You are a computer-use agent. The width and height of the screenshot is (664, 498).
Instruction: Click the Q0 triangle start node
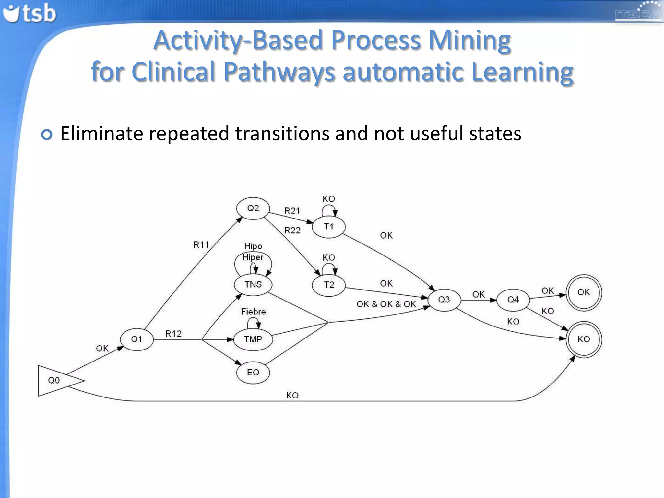click(55, 380)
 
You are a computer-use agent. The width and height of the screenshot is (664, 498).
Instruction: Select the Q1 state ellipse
click(136, 339)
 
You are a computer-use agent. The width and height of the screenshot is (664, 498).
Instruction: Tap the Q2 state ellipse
click(253, 208)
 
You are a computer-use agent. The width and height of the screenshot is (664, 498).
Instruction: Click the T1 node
click(328, 227)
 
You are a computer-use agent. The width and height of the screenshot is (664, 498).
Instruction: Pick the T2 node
click(328, 285)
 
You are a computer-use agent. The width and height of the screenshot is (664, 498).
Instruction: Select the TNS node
click(253, 284)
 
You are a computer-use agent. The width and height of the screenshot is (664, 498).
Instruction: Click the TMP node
click(253, 339)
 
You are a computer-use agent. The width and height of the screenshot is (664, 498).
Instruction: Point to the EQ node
click(253, 373)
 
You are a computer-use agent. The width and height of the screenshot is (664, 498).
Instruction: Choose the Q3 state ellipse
click(444, 300)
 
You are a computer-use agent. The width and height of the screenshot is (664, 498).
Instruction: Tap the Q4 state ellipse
click(513, 300)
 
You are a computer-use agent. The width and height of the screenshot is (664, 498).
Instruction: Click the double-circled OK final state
click(584, 292)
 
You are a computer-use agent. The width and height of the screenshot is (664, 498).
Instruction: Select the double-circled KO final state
click(584, 339)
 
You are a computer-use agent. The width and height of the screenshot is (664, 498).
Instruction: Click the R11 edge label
click(201, 245)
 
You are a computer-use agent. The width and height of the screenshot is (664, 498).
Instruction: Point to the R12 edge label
click(173, 334)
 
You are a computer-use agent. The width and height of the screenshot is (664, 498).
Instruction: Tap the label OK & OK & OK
click(386, 304)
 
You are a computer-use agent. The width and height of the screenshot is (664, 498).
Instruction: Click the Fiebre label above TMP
click(253, 312)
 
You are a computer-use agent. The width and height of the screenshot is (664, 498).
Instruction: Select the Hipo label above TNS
click(253, 246)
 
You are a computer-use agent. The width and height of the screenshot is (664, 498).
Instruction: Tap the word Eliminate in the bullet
click(101, 134)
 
